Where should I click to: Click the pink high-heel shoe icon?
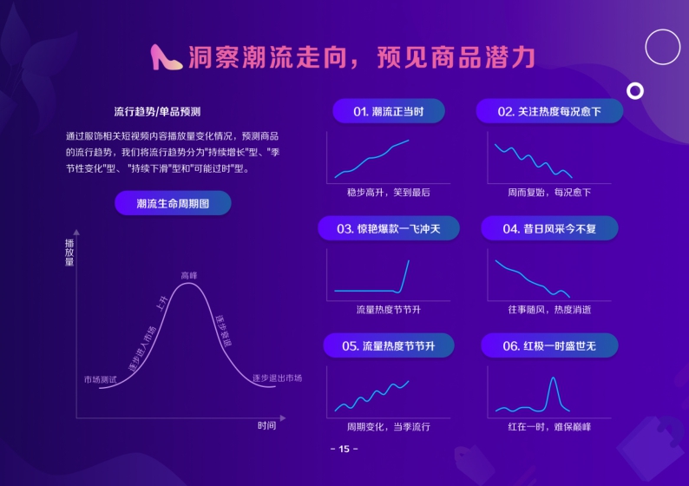166,57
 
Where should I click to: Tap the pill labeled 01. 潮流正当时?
388,111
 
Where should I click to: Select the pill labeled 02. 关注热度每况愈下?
549,111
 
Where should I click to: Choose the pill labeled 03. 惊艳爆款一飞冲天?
388,229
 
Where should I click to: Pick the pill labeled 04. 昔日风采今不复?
549,229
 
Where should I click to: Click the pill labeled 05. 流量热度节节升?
388,345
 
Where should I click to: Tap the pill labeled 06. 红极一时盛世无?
549,345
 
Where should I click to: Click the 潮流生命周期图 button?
173,203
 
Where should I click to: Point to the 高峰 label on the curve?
189,275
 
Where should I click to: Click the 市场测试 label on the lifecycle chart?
100,379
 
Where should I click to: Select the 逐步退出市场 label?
277,378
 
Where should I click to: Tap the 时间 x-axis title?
266,425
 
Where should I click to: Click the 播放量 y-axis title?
69,252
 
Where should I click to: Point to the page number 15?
344,449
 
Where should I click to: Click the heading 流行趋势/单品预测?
157,112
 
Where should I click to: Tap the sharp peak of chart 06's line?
552,378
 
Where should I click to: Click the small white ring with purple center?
635,90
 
